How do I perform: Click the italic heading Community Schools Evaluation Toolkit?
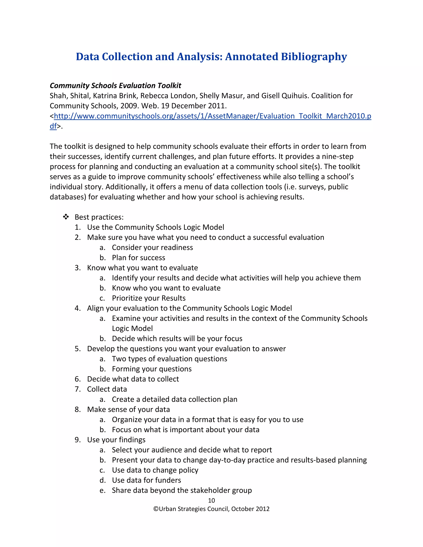pos(115,86)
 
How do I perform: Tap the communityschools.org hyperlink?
pos(212,116)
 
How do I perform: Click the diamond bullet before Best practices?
pos(66,217)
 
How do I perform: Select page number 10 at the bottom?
pos(211,500)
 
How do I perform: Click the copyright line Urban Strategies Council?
pos(211,509)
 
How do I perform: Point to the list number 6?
pos(77,379)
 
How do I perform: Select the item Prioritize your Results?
pos(149,298)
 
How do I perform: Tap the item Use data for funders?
pos(146,480)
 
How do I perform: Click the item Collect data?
pos(107,389)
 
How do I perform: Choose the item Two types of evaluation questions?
pos(169,359)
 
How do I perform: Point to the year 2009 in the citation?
pos(129,106)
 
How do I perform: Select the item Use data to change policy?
pos(155,470)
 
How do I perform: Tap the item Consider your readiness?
pos(152,247)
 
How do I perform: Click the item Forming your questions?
pos(152,369)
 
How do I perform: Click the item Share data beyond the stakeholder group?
pos(182,490)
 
